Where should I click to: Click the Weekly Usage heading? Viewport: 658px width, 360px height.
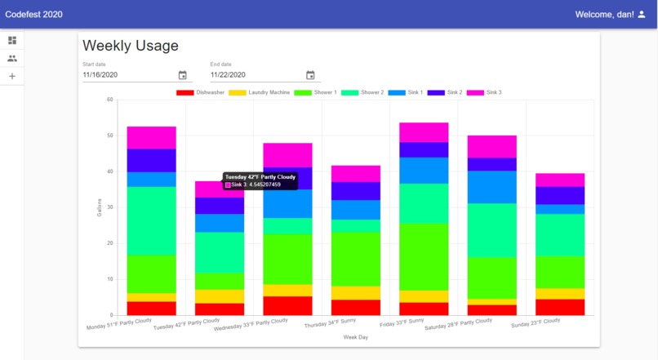(x=131, y=47)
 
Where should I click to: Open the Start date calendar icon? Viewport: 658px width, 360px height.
(x=182, y=75)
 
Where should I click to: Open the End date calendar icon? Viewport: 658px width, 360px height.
(x=310, y=75)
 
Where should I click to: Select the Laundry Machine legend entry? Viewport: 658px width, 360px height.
(x=259, y=92)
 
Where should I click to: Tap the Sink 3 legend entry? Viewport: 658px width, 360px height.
(x=486, y=92)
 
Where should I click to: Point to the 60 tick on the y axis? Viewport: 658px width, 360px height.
(x=109, y=100)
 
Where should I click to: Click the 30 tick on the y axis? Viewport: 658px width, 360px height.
(x=109, y=207)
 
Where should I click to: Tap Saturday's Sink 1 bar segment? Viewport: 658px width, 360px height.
(x=491, y=187)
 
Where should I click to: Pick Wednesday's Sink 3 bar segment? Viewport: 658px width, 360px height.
(x=287, y=155)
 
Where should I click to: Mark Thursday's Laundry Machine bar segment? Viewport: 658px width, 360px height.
(x=355, y=293)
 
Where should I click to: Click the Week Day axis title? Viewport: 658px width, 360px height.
(x=355, y=336)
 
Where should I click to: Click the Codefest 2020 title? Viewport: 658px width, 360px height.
(x=34, y=14)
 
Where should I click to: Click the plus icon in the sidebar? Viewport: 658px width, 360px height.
(x=12, y=77)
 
